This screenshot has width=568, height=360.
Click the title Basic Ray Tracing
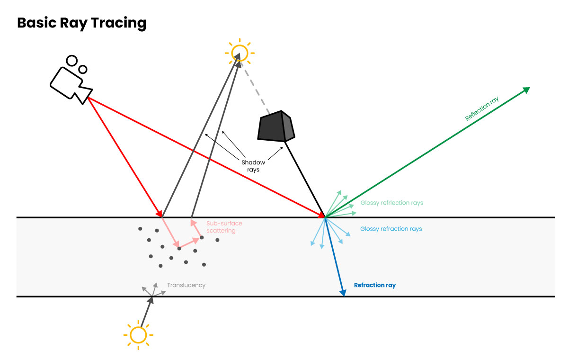81,23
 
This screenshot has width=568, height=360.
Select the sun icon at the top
239,52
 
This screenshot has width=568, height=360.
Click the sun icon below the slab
138,335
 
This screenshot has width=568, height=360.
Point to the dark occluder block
276,126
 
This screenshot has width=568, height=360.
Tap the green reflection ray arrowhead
526,90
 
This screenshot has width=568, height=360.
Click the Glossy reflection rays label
391,203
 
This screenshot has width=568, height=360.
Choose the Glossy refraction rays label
390,229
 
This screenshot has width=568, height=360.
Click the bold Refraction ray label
374,286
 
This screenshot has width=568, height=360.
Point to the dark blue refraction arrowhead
343,293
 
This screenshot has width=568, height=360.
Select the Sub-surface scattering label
224,227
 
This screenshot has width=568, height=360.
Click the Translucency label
186,285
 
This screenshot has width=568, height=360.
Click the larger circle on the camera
72,61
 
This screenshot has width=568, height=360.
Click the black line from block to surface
305,180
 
